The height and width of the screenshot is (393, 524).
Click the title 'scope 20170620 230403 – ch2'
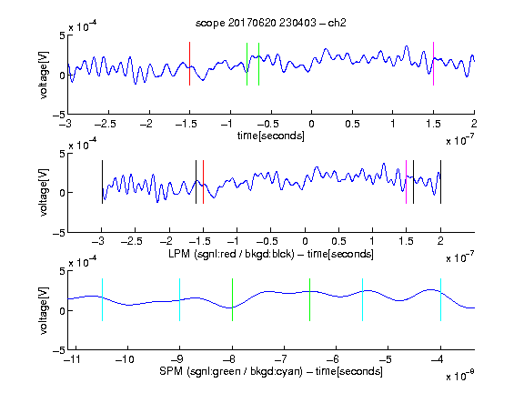point(271,23)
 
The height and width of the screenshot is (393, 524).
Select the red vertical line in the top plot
point(189,64)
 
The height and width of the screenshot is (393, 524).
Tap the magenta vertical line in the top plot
point(433,64)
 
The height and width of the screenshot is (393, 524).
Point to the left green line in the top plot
point(247,64)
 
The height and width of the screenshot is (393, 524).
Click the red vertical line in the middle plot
point(203,182)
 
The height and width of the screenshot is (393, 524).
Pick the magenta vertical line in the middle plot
point(406,182)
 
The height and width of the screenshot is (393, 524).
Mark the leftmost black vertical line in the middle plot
point(102,182)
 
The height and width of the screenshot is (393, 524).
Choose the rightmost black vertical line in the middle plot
point(440,182)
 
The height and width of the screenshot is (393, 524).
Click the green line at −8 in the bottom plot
point(232,299)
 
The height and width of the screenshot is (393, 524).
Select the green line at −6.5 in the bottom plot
point(310,299)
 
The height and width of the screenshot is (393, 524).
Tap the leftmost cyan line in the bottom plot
point(102,299)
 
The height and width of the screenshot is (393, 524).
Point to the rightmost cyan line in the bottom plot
point(440,299)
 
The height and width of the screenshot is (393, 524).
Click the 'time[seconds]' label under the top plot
point(271,136)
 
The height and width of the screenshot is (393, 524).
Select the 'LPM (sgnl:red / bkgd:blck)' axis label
point(231,254)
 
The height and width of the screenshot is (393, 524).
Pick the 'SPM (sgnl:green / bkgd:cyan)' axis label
point(231,371)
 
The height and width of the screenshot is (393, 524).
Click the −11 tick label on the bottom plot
point(71,359)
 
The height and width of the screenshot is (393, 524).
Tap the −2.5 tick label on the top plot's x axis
point(106,124)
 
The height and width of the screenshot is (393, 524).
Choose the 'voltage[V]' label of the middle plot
point(44,193)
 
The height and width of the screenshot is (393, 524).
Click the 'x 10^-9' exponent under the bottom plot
point(460,375)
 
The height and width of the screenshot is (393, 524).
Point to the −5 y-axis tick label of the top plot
point(59,115)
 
